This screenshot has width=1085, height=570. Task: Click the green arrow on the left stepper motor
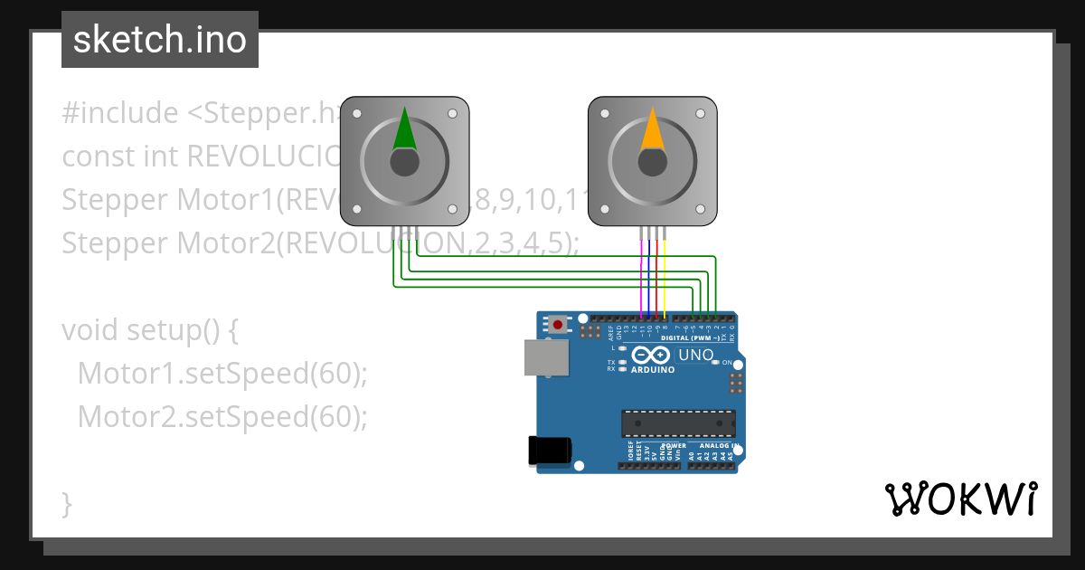pyautogui.click(x=404, y=129)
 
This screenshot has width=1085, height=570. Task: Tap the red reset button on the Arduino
pyautogui.click(x=559, y=324)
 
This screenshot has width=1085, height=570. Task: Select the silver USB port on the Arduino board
pyautogui.click(x=546, y=357)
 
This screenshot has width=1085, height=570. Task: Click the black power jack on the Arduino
pyautogui.click(x=549, y=450)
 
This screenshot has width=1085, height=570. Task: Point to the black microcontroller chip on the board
pyautogui.click(x=677, y=423)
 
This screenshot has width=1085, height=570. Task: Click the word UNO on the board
pyautogui.click(x=695, y=356)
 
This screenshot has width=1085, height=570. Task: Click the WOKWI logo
pyautogui.click(x=959, y=499)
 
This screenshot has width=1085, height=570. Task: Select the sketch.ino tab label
pyautogui.click(x=160, y=40)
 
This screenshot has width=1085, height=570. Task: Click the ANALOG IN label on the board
pyautogui.click(x=718, y=445)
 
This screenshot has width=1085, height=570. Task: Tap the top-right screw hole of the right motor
pyautogui.click(x=699, y=115)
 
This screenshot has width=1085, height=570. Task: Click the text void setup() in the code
pyautogui.click(x=149, y=330)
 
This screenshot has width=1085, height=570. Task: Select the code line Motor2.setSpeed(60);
pyautogui.click(x=222, y=417)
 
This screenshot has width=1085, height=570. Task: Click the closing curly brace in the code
pyautogui.click(x=67, y=503)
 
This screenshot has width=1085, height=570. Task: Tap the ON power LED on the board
pyautogui.click(x=715, y=362)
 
